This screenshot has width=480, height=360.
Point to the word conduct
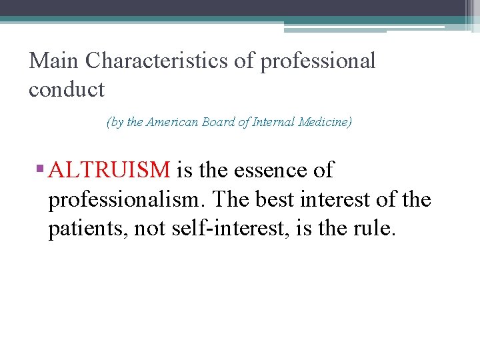coord(67,89)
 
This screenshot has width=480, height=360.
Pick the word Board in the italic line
coord(217,122)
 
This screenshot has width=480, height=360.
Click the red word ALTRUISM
coord(109,171)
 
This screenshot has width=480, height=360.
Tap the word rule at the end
coord(374,229)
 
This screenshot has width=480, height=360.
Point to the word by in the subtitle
coord(116,123)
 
